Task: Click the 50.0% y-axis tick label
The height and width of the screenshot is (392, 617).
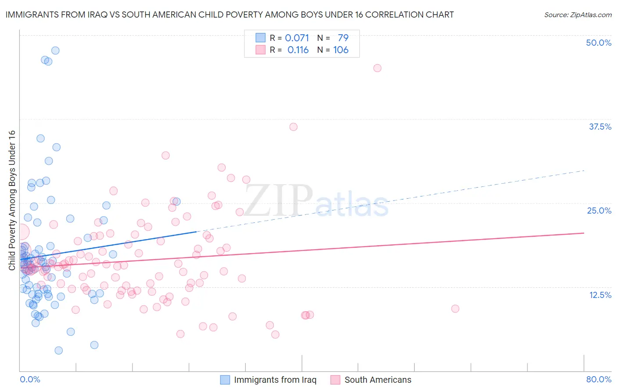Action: click(599, 43)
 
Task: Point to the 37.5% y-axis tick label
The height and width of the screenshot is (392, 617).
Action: click(599, 127)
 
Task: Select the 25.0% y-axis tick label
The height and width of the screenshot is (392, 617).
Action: click(599, 211)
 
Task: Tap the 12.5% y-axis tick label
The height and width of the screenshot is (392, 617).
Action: click(599, 295)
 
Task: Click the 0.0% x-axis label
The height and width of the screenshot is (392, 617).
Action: click(30, 379)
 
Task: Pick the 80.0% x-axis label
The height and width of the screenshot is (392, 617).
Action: click(599, 379)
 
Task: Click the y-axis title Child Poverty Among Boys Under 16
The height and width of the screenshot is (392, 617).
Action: click(12, 200)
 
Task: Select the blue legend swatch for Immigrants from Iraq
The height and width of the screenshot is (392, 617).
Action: click(225, 380)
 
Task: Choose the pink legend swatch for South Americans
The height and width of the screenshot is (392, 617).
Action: click(335, 380)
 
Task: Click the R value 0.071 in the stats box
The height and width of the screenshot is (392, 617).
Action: click(297, 38)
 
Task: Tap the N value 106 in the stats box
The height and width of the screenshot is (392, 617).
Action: click(341, 50)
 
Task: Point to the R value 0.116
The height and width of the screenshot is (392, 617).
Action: click(298, 50)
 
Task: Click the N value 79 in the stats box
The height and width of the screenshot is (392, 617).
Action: click(343, 38)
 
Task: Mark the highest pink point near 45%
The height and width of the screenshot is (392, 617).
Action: click(377, 68)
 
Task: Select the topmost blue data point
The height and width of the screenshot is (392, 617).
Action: click(55, 51)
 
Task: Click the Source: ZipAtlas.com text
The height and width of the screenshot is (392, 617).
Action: click(578, 15)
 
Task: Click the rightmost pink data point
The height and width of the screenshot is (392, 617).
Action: click(455, 309)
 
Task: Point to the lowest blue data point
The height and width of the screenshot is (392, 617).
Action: click(58, 350)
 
